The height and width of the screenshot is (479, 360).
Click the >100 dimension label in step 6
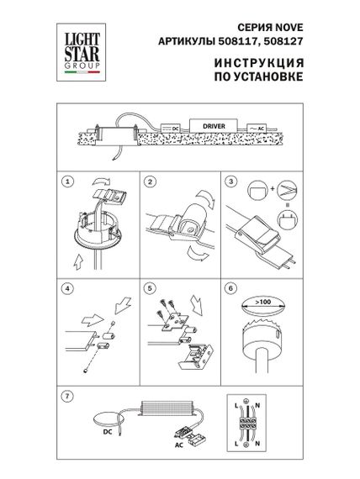coord(262,301)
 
